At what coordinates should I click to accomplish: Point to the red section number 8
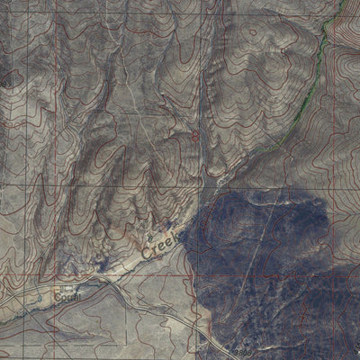click(195, 137)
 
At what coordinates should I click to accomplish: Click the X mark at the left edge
click(5, 82)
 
